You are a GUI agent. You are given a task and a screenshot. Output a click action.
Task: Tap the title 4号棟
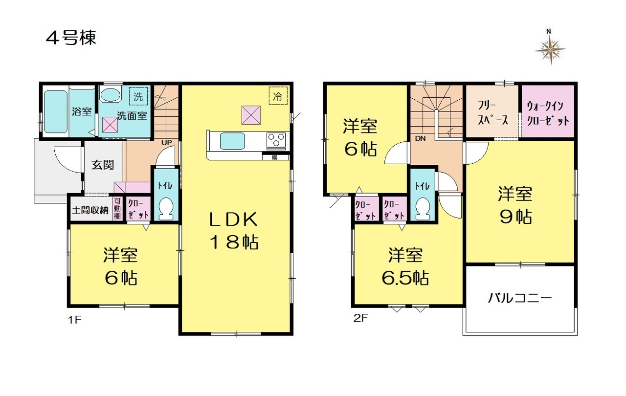71,38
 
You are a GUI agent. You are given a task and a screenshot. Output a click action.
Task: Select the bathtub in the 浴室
56,111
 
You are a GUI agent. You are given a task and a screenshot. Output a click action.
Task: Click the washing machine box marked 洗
138,96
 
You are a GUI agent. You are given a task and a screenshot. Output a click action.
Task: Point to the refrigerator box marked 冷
278,96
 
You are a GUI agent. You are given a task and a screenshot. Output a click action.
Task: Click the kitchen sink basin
232,141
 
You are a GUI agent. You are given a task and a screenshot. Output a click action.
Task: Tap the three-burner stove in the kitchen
276,140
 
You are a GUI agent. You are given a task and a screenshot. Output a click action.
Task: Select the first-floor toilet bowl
166,209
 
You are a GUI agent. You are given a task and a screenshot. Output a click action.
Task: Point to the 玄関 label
103,165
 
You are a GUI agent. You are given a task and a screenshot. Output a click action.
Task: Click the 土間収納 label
90,210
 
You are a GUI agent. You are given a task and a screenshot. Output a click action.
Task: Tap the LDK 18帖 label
234,230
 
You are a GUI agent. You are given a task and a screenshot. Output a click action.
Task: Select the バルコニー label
520,298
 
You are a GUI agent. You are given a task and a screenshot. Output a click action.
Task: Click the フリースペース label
492,113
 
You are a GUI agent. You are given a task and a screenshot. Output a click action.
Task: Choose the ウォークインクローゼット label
548,113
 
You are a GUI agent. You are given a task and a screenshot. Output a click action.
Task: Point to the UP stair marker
167,142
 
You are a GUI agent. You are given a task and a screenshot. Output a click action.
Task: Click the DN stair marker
420,138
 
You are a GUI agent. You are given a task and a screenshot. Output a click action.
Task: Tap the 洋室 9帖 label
515,205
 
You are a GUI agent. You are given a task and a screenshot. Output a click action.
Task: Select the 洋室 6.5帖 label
405,266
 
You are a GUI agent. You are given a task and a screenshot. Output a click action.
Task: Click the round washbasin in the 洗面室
110,95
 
